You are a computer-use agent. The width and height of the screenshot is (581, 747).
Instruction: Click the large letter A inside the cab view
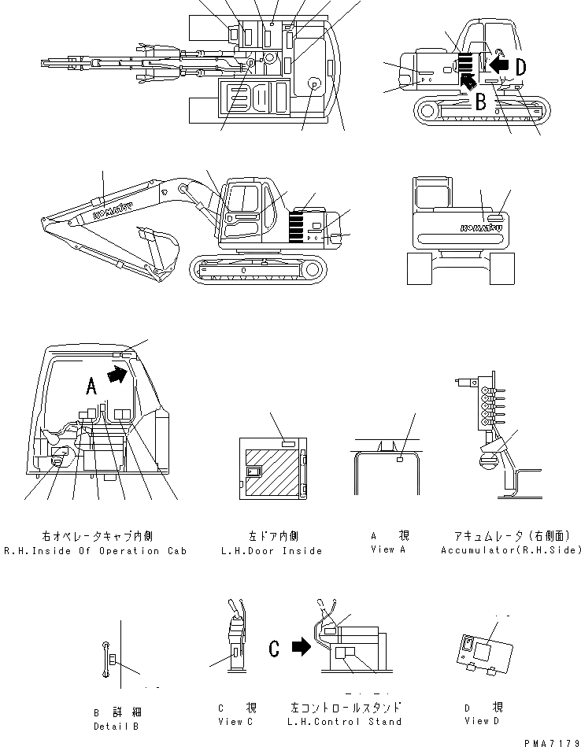(x=91, y=386)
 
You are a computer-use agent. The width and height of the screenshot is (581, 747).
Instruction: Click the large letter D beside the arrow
(x=520, y=68)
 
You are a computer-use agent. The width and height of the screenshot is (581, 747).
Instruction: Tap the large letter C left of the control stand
(x=274, y=649)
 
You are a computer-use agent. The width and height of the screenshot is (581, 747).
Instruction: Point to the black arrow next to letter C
(x=301, y=647)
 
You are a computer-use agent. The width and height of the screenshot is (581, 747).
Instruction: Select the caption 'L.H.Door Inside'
(x=272, y=551)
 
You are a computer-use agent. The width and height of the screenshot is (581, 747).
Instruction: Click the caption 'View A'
(x=387, y=549)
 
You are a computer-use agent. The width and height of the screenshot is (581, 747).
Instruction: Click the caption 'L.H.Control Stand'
(x=346, y=722)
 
